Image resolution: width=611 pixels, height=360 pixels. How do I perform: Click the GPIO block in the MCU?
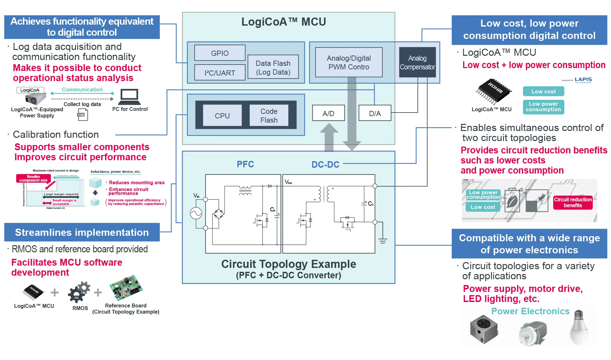(x=220, y=53)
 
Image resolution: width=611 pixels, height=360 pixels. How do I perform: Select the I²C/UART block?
(x=220, y=73)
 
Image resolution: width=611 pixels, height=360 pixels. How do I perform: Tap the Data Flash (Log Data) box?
(x=273, y=67)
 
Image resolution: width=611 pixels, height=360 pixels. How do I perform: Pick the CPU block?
(x=222, y=115)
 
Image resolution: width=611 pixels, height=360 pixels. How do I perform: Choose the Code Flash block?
(x=269, y=115)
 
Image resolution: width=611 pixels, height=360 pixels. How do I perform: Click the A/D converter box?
(x=328, y=113)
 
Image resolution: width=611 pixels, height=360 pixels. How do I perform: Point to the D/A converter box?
(x=375, y=113)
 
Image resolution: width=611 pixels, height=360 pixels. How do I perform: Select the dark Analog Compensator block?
(x=417, y=62)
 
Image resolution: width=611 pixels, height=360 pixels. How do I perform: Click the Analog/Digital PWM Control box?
(x=349, y=62)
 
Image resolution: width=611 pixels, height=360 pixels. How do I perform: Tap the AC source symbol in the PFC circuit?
(x=196, y=213)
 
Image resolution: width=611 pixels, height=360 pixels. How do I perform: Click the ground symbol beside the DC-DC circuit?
(x=383, y=241)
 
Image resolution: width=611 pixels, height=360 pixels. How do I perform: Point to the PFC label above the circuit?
(x=245, y=164)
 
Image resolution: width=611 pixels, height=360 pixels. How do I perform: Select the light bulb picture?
(x=579, y=328)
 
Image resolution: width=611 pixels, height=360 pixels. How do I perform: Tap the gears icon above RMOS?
(x=79, y=292)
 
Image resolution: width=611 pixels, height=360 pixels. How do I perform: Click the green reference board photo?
(x=126, y=288)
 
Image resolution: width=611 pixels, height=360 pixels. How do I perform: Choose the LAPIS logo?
(x=583, y=80)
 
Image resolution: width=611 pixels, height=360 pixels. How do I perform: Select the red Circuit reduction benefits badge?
(x=572, y=202)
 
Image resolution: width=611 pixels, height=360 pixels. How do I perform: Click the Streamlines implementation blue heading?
(x=82, y=232)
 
